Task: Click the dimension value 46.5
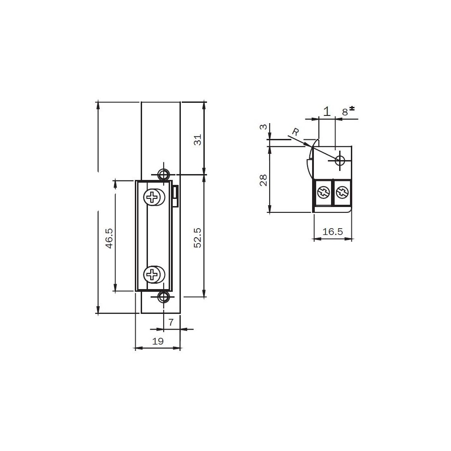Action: tap(109, 239)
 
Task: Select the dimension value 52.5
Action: tap(198, 238)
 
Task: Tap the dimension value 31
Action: tap(198, 139)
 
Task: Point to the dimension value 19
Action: tap(158, 341)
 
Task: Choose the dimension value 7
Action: tap(171, 322)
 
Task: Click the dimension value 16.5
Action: tap(333, 231)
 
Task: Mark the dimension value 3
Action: tap(263, 127)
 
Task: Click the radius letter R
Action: tap(295, 132)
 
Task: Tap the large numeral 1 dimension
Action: tap(327, 111)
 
